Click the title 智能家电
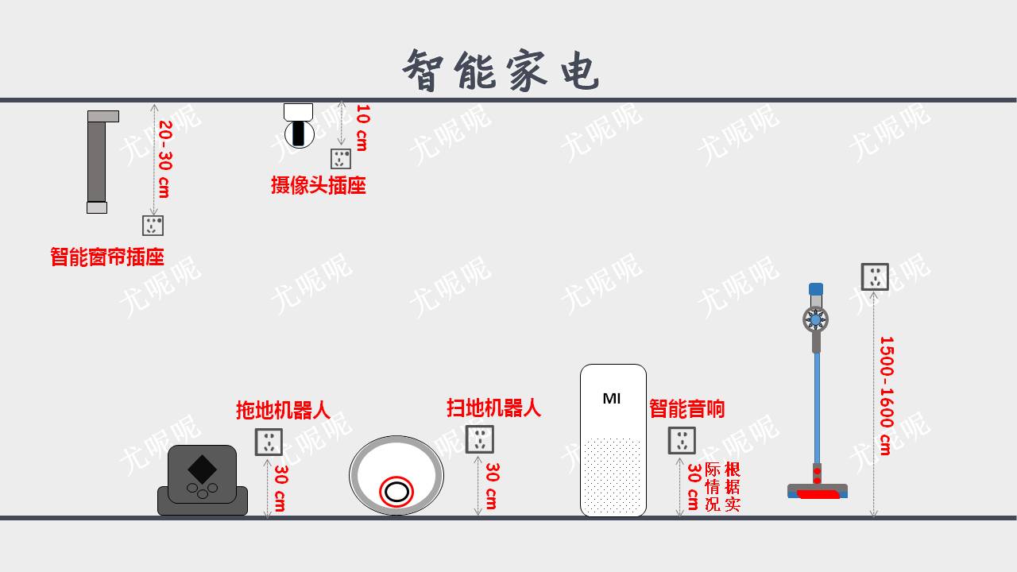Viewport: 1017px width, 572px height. coord(501,70)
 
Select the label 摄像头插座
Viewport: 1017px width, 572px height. coord(318,186)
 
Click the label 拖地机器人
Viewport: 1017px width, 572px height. coord(283,410)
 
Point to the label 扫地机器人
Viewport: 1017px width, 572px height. coord(493,408)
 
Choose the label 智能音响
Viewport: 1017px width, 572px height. coord(686,409)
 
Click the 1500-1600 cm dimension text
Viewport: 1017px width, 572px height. coord(885,395)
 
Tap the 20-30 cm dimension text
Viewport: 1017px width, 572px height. coord(164,159)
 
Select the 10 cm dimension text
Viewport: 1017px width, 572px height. coord(362,127)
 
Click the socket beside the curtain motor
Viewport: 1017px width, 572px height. coord(153,226)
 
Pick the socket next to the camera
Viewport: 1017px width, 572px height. coord(341,159)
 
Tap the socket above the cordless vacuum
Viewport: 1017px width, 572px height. coord(875,276)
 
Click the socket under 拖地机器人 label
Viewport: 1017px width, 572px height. coord(269,442)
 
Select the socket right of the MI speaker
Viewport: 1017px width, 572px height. coord(682,440)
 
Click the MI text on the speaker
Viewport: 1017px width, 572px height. coord(612,398)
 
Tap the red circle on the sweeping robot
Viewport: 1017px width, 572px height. coord(396,492)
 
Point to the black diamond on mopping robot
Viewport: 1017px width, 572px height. coord(202,468)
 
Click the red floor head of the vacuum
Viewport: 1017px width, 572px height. coord(818,494)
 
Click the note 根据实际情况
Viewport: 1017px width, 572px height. coord(722,485)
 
